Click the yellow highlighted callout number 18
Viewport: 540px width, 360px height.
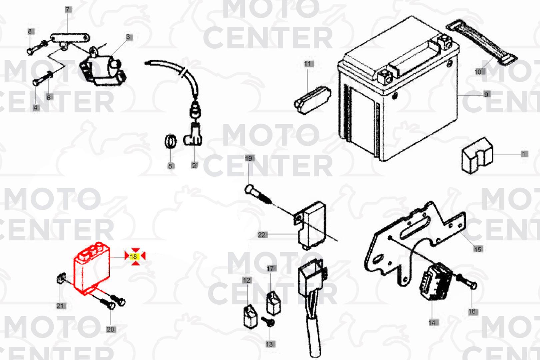pyautogui.click(x=134, y=257)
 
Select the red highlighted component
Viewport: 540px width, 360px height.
pyautogui.click(x=92, y=268)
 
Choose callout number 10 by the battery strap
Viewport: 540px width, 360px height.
pyautogui.click(x=479, y=72)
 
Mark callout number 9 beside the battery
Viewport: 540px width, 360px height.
pyautogui.click(x=486, y=94)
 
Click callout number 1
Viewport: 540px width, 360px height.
pyautogui.click(x=523, y=154)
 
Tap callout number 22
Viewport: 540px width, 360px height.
pyautogui.click(x=262, y=235)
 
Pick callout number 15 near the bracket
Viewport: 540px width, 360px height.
pyautogui.click(x=478, y=249)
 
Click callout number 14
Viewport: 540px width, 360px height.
pyautogui.click(x=433, y=323)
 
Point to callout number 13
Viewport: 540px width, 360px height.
pyautogui.click(x=270, y=344)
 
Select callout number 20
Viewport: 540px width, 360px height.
pyautogui.click(x=111, y=329)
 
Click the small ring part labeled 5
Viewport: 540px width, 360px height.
pyautogui.click(x=170, y=142)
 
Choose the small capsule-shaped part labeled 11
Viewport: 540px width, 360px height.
pyautogui.click(x=312, y=100)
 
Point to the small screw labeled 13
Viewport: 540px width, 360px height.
pyautogui.click(x=268, y=322)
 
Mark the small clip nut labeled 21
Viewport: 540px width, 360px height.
pyautogui.click(x=61, y=278)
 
